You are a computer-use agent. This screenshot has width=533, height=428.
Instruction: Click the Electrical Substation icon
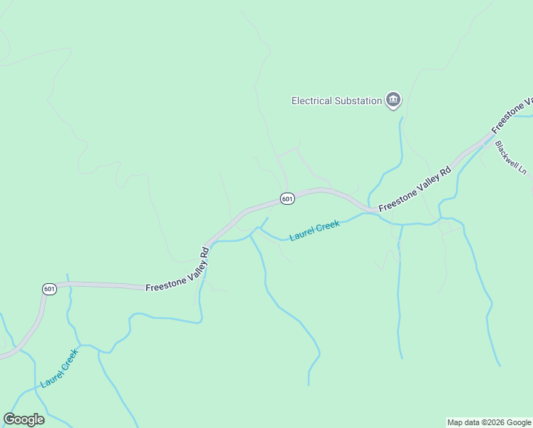pos(393,101)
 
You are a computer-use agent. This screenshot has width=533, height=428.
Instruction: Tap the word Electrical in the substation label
pos(313,101)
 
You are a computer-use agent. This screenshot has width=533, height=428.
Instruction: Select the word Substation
pos(359,101)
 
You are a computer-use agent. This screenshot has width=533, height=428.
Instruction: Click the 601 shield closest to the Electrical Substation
pos(287,199)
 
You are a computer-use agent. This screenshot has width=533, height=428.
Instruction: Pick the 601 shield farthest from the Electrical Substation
pos(49,289)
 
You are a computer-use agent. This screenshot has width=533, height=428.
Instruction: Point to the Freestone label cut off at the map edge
pos(512,113)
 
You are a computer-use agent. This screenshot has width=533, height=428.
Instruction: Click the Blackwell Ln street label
pos(510,158)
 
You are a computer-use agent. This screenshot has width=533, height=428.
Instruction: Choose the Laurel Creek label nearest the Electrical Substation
pos(315,230)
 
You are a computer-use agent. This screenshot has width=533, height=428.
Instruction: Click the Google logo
pos(24,419)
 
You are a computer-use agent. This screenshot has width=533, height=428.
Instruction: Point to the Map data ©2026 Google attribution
pos(489,422)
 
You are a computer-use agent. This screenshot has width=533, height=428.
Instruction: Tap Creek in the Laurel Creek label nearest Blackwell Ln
pos(327,227)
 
